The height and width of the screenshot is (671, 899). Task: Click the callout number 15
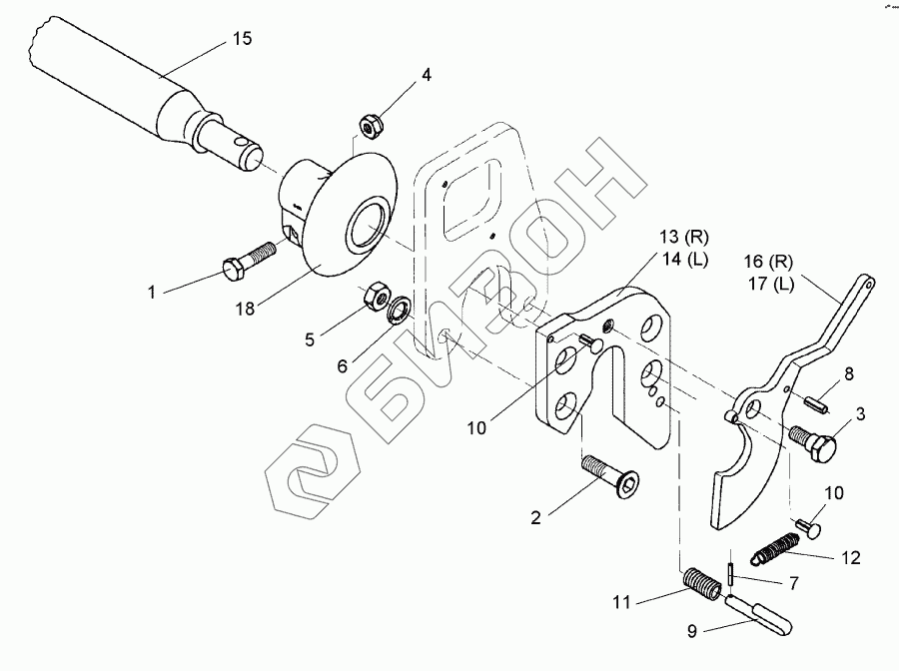pos(242,39)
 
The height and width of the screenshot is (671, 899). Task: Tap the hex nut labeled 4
pos(368,124)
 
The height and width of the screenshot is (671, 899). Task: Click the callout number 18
pos(246,311)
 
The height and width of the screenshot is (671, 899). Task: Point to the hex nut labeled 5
pos(377,295)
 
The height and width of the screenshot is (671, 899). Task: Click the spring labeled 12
pos(777,546)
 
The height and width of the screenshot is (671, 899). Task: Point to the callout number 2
pos(536,517)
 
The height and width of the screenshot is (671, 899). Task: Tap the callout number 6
pos(342,366)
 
